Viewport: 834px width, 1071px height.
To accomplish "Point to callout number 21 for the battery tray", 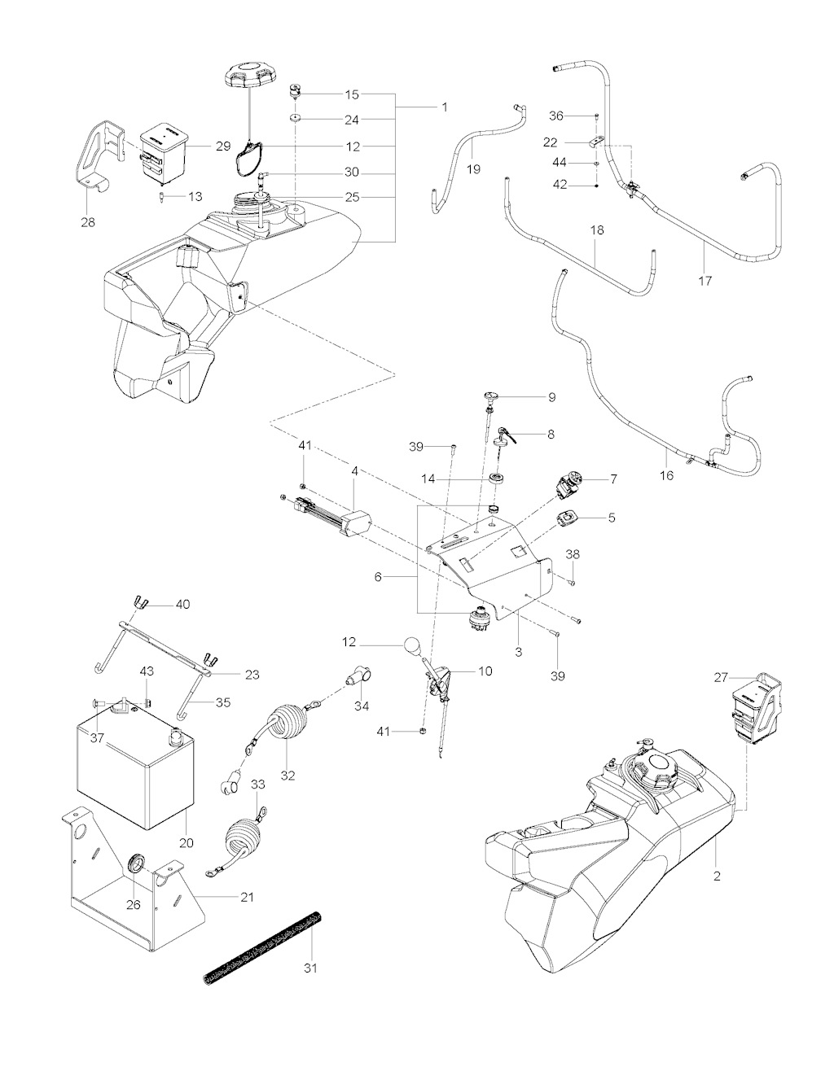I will click(247, 898).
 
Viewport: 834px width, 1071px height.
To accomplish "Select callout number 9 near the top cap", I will click(551, 397).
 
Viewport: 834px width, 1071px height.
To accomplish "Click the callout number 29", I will click(223, 146).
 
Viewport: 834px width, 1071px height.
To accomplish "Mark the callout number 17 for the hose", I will click(705, 281).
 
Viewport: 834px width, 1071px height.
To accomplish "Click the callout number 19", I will click(473, 169).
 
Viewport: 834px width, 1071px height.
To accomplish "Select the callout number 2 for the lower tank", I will click(717, 876).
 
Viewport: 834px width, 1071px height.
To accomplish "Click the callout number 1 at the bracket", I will click(445, 107).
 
